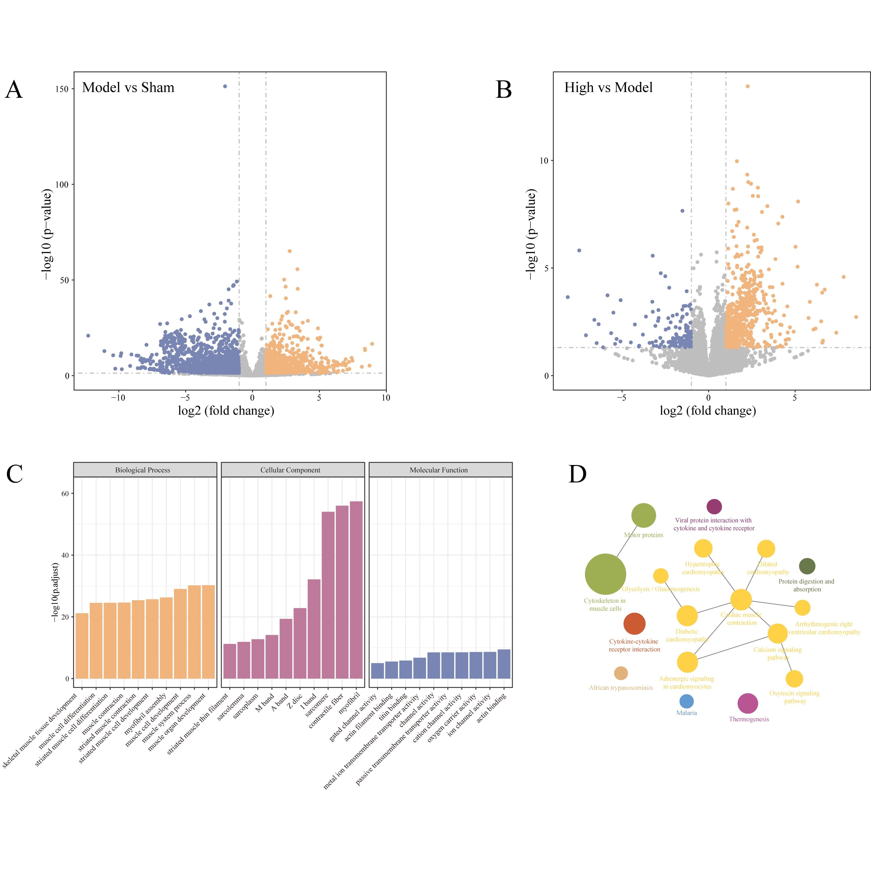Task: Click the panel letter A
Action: pyautogui.click(x=14, y=90)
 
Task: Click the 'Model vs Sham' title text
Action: pyautogui.click(x=128, y=88)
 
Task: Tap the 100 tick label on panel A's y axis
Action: pyautogui.click(x=62, y=184)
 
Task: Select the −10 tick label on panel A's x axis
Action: pyautogui.click(x=118, y=398)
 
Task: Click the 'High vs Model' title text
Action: pyautogui.click(x=608, y=88)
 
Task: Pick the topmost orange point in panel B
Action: pyautogui.click(x=747, y=86)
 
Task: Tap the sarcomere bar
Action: pyautogui.click(x=328, y=595)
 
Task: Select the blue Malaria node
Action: pyautogui.click(x=686, y=701)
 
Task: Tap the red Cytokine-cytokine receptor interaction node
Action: pyautogui.click(x=634, y=624)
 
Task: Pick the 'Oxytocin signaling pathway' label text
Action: pyautogui.click(x=794, y=697)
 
